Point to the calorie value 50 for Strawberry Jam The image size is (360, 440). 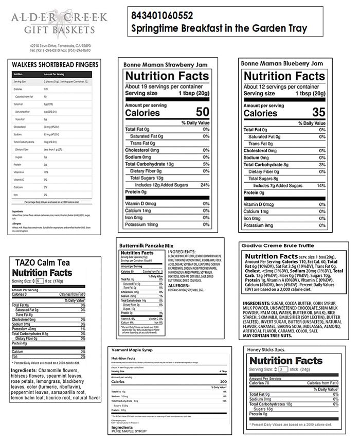click(202, 112)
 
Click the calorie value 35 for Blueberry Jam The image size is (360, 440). click(318, 112)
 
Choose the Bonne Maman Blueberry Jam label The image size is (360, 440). click(282, 63)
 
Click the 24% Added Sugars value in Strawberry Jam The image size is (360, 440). click(205, 185)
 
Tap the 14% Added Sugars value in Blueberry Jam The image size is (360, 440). click(321, 185)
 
